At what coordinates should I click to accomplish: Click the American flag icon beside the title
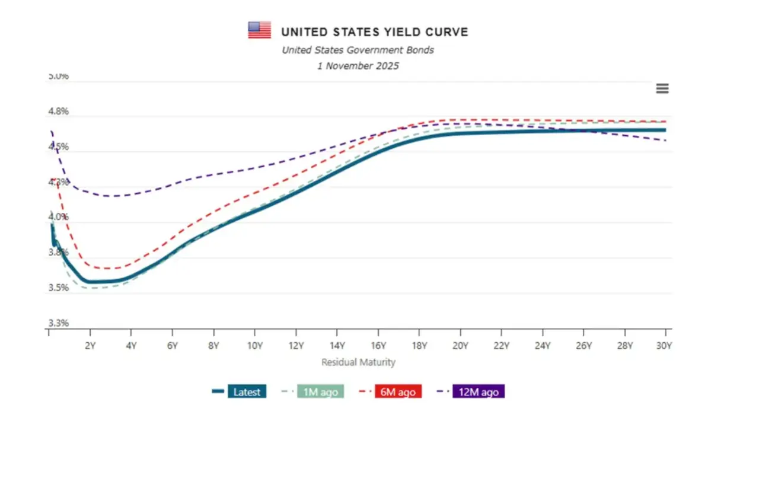pyautogui.click(x=259, y=30)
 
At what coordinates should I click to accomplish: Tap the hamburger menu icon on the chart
pyautogui.click(x=662, y=88)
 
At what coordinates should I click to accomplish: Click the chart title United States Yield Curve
pyautogui.click(x=374, y=31)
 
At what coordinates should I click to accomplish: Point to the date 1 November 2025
pyautogui.click(x=358, y=66)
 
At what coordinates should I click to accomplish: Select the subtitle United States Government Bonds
pyautogui.click(x=358, y=50)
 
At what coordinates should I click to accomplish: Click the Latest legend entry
pyautogui.click(x=247, y=392)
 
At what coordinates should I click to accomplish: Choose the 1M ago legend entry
pyautogui.click(x=320, y=392)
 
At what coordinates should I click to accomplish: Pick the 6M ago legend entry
pyautogui.click(x=397, y=392)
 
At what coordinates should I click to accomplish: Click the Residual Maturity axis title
pyautogui.click(x=358, y=362)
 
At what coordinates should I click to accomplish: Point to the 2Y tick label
pyautogui.click(x=90, y=346)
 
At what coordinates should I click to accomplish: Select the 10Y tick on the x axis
pyautogui.click(x=254, y=346)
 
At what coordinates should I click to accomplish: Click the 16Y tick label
pyautogui.click(x=378, y=346)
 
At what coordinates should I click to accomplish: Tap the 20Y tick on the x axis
pyautogui.click(x=460, y=346)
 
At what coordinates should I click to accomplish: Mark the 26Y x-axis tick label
pyautogui.click(x=583, y=346)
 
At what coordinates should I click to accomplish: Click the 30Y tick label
pyautogui.click(x=665, y=346)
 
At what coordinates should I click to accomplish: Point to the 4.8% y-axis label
pyautogui.click(x=59, y=111)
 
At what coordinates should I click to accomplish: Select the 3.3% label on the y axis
pyautogui.click(x=59, y=323)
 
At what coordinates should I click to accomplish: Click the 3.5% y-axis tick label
pyautogui.click(x=59, y=288)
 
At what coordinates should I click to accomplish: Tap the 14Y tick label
pyautogui.click(x=337, y=346)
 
